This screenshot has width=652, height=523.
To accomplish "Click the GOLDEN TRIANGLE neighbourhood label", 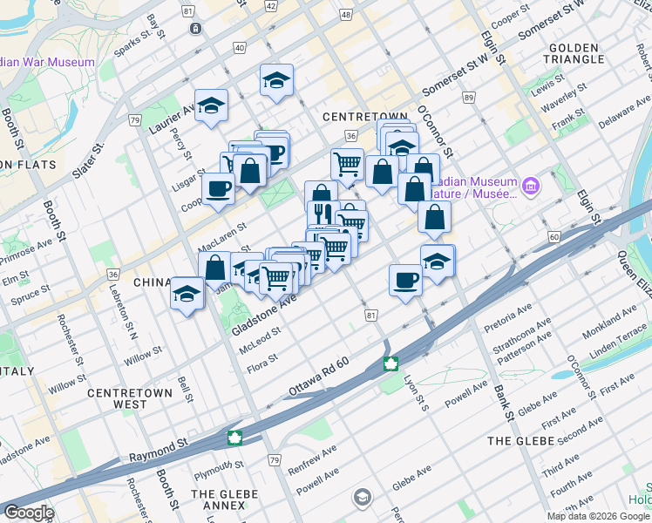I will click(x=574, y=53).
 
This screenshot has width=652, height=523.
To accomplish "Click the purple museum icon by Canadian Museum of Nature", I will click(x=530, y=186).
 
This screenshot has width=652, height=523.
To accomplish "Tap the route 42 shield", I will click(x=271, y=6).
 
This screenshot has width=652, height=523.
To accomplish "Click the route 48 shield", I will click(x=346, y=15).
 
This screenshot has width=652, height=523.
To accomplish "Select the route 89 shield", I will click(x=469, y=98).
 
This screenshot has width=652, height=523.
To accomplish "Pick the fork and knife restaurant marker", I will click(x=321, y=212).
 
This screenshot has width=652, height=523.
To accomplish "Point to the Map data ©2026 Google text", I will click(x=598, y=516).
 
